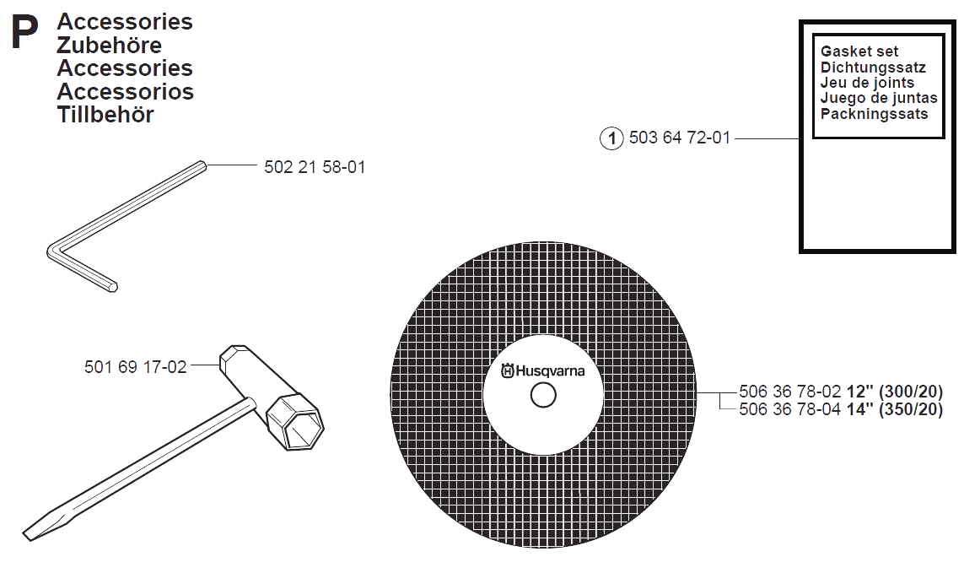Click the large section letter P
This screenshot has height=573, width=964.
pos(24,33)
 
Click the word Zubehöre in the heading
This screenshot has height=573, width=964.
pos(109,45)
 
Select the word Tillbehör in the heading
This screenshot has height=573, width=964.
pos(105,115)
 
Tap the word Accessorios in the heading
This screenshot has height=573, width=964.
pos(126,91)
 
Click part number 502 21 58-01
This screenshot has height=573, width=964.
pos(315,167)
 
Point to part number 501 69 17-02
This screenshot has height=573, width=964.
pos(135,367)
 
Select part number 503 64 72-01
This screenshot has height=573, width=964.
pos(679,138)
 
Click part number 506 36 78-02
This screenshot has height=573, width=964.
pos(789,392)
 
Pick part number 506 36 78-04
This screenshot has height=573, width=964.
pos(789,409)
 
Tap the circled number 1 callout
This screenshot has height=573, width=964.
pos(611,138)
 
